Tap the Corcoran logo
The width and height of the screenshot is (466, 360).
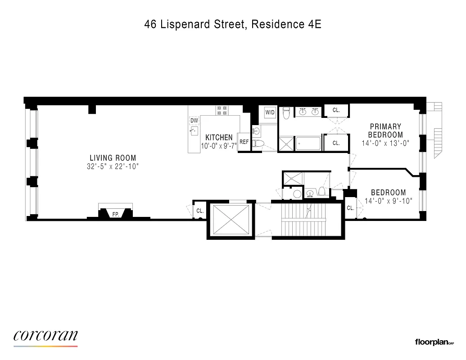tap(45, 336)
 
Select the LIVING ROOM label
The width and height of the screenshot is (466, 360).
tap(113, 158)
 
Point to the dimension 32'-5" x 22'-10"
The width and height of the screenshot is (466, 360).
tap(113, 166)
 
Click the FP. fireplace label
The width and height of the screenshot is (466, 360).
tap(116, 214)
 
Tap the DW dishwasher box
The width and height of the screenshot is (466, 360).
tap(194, 121)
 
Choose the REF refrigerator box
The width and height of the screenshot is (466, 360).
tap(244, 142)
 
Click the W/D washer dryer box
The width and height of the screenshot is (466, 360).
tap(270, 112)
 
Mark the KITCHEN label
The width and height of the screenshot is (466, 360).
tap(219, 137)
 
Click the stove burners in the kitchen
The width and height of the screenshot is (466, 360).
tap(222, 110)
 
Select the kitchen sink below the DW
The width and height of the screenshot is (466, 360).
tap(194, 131)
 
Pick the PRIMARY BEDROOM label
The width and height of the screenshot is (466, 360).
tap(385, 130)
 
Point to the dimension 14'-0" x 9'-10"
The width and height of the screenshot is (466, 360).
tap(388, 201)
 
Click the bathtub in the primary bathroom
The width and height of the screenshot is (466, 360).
tap(308, 144)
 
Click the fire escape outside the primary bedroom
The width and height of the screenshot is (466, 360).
tap(436, 130)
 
